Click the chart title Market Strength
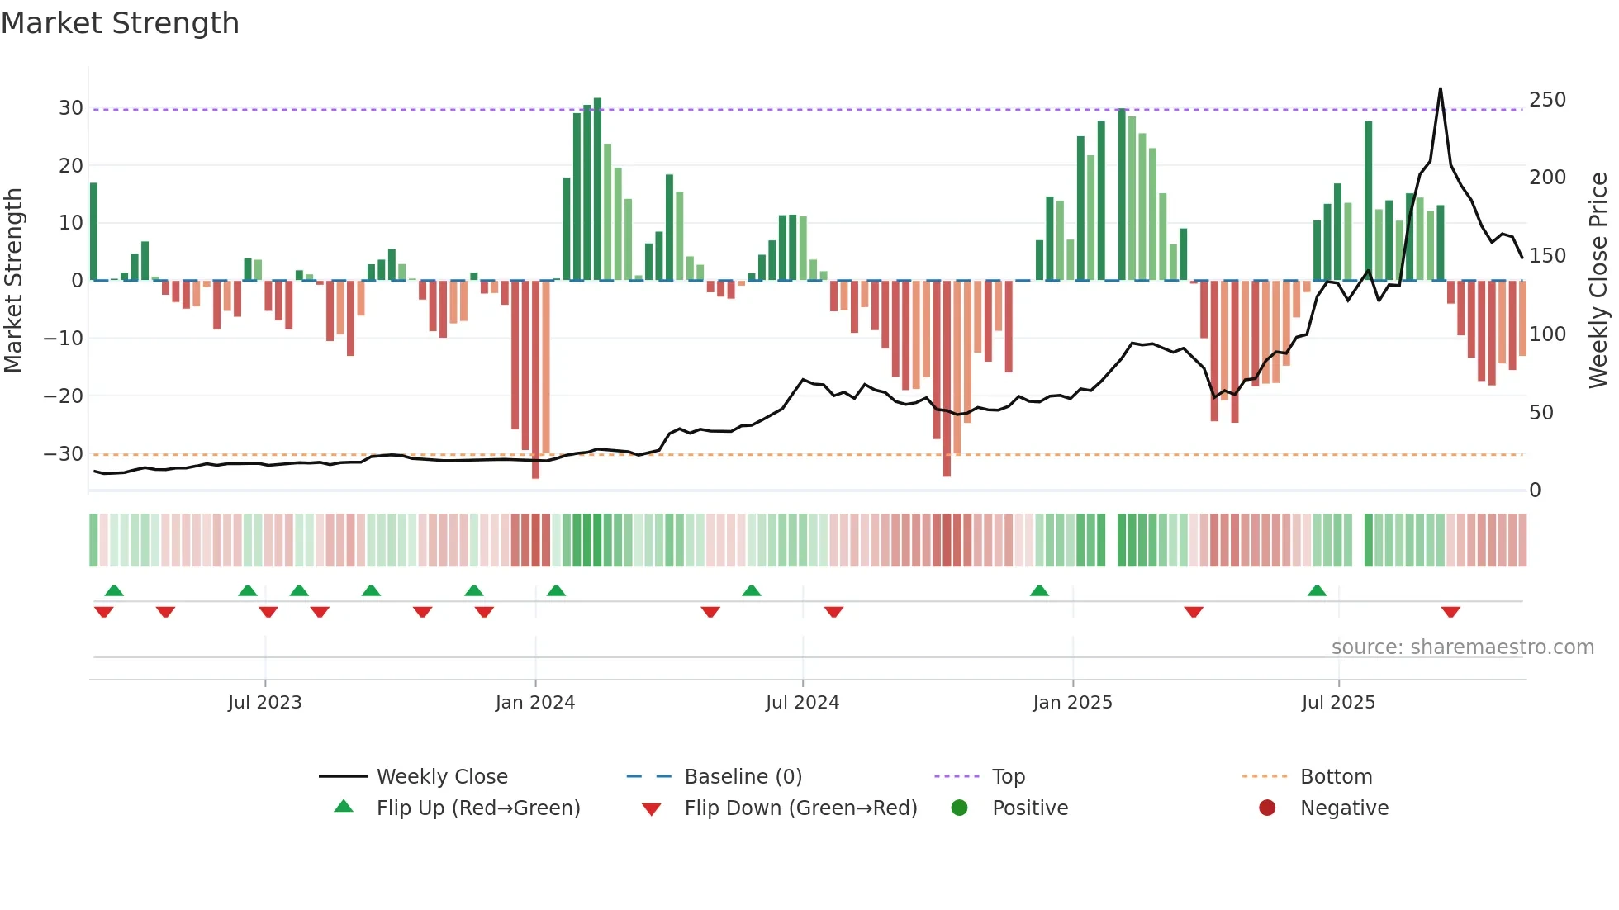coord(121,23)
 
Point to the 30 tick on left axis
coord(71,108)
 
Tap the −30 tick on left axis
coord(64,454)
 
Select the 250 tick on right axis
coord(1547,100)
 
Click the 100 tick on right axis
coord(1547,334)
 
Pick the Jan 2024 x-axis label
coord(534,703)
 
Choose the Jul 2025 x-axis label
coord(1338,703)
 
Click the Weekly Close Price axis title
coord(1598,281)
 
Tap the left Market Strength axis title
coord(14,281)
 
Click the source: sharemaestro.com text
coord(1462,647)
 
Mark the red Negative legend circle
coord(1267,808)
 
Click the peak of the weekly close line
coord(1441,89)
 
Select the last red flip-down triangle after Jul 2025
coord(1450,612)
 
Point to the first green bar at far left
coord(93,231)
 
